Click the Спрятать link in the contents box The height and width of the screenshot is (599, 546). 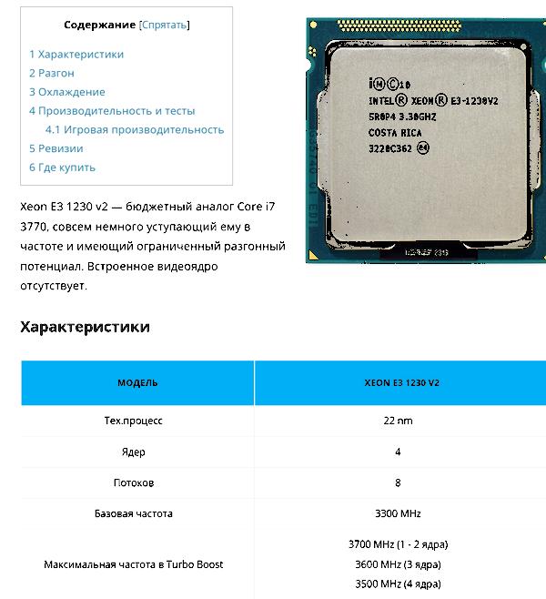tap(165, 25)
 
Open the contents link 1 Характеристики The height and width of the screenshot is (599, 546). tap(76, 54)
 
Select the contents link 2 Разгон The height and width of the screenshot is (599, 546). tap(52, 73)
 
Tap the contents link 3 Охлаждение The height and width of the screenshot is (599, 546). tap(67, 92)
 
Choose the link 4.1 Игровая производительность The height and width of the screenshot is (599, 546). tap(135, 129)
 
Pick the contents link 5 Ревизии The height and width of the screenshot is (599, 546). tap(56, 148)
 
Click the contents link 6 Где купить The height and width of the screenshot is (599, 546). tap(62, 168)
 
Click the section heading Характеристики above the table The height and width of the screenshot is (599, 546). tap(85, 327)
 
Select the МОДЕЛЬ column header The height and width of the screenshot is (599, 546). tap(137, 383)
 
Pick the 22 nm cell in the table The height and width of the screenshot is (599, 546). tap(398, 421)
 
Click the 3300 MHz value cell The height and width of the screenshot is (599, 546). tap(398, 513)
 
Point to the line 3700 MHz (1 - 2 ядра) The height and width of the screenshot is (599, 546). tap(398, 544)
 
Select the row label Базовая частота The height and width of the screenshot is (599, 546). tap(134, 513)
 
